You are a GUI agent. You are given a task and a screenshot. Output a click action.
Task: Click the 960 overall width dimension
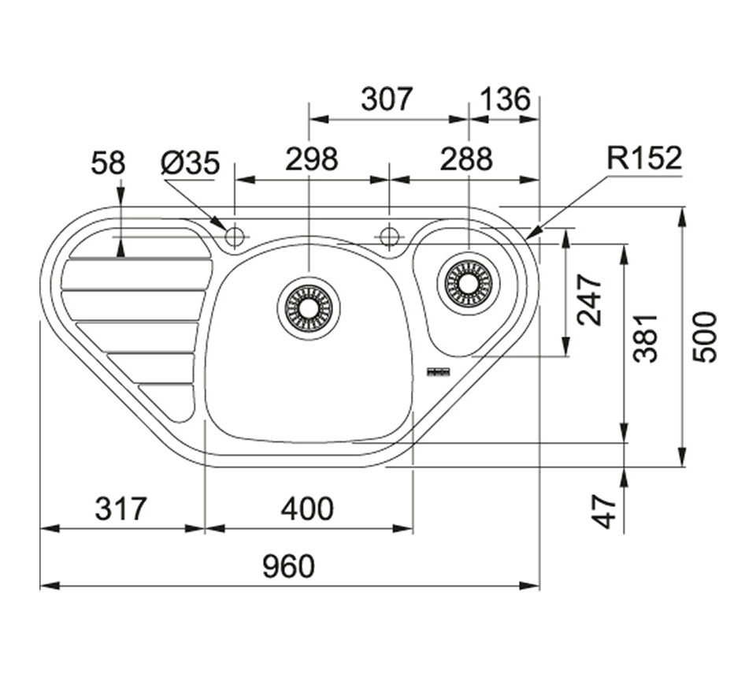[288, 566]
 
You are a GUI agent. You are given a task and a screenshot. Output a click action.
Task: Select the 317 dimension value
[120, 509]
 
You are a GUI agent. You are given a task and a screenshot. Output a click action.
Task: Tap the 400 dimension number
[307, 509]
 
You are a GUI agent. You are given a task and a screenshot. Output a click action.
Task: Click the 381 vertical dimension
[647, 337]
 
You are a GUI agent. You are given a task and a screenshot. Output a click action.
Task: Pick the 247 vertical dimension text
[589, 300]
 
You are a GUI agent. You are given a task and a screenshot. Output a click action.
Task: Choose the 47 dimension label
[604, 512]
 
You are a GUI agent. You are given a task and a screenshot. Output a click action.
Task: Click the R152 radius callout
[643, 158]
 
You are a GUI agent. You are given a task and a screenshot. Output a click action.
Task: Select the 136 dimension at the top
[504, 99]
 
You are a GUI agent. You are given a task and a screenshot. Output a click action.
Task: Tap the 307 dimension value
[387, 99]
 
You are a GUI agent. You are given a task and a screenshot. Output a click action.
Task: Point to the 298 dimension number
[311, 159]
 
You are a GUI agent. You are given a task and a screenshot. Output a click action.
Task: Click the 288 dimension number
[465, 159]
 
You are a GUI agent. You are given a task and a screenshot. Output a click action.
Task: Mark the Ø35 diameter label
[190, 163]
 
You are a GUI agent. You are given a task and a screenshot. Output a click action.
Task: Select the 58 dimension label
[108, 163]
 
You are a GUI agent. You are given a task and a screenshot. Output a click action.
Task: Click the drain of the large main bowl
[309, 304]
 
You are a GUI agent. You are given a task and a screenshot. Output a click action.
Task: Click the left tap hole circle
[234, 236]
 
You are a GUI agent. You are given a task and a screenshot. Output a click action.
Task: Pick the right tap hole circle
[388, 236]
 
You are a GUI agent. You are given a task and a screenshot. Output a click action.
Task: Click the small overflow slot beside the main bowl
[437, 371]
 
